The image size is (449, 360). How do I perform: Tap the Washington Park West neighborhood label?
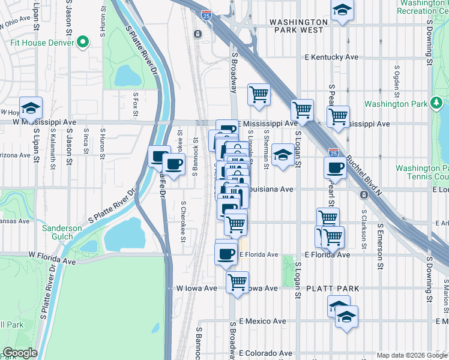[298, 22]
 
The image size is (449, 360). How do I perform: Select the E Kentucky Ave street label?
[331, 58]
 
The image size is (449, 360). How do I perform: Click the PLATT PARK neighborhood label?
[333, 289]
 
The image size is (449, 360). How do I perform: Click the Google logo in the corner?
[20, 353]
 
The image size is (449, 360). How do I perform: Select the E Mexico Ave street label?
[262, 322]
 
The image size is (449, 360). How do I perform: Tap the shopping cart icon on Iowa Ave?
[238, 280]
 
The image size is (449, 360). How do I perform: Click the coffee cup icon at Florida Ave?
[226, 253]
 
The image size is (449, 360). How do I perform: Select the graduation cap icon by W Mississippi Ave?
[30, 107]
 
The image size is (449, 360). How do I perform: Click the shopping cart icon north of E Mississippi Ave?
[259, 94]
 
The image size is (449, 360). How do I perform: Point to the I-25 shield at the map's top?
[206, 13]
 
